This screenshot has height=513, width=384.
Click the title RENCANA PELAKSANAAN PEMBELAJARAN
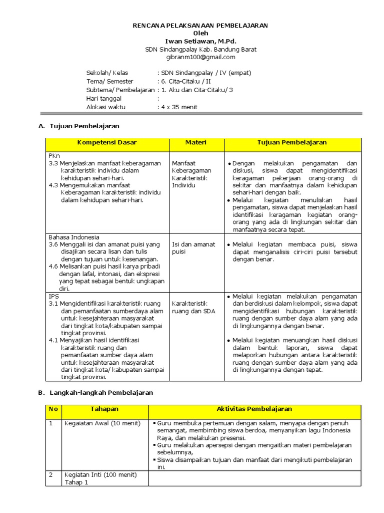200,26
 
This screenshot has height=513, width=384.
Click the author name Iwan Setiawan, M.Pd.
200,41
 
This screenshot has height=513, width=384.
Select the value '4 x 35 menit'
179,107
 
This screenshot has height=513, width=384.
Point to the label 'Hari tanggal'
104,99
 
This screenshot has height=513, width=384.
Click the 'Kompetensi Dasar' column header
107,143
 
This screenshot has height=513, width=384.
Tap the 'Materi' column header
196,143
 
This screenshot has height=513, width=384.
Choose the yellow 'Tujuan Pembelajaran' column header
292,143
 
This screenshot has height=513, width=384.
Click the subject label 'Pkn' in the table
54,156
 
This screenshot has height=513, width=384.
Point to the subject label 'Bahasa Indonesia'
74,237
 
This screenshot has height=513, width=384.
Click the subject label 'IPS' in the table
53,296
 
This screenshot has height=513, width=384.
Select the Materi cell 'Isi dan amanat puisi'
193,248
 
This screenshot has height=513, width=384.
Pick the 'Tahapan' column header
104,409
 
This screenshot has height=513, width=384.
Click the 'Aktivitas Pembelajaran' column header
254,409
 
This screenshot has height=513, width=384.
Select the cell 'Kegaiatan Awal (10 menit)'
102,423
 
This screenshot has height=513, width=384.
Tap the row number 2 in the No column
50,474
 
